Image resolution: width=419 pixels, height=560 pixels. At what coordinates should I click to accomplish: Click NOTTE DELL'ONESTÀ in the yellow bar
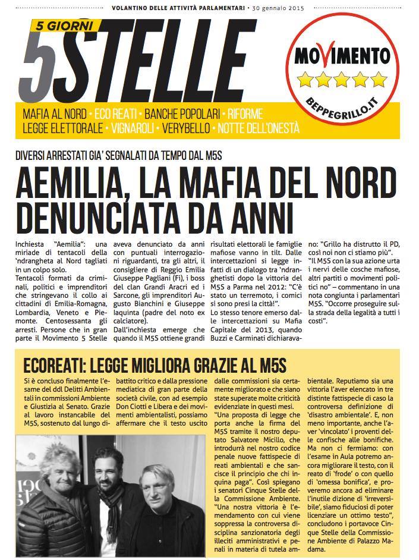tap(257, 128)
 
